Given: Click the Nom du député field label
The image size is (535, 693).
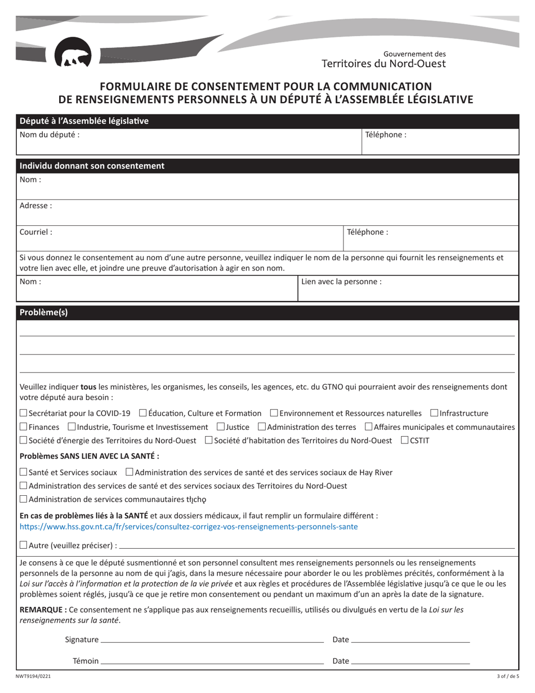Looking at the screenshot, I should pos(50,135).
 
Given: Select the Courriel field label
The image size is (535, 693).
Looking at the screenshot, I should pos(36,232).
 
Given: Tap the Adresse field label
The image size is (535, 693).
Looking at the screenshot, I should pos(36,206).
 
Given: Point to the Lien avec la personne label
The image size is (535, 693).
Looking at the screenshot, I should pos(341,281).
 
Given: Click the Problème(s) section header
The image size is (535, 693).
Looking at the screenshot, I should pos(43,313).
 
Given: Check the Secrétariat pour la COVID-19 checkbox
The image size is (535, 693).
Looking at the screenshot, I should pos(23,414).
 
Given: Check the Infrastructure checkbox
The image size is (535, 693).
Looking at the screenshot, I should pos(434,414).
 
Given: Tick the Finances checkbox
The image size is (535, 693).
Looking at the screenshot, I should pos(23,427).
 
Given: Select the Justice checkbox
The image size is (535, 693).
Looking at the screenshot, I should pos(220,427).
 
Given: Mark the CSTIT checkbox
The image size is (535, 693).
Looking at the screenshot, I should pos(405,441).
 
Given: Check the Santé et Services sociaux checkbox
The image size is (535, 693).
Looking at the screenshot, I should pos(23,472).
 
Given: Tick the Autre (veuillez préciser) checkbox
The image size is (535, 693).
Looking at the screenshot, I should pos(23,545).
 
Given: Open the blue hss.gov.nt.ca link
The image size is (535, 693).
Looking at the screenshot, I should pos(188,527).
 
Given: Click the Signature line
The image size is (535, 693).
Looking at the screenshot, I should pos(212,640).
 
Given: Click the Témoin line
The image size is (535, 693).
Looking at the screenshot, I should pos(212,661).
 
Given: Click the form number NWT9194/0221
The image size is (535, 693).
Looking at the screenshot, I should pos(29,676).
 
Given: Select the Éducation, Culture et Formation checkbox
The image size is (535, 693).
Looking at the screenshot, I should pos(142,414).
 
